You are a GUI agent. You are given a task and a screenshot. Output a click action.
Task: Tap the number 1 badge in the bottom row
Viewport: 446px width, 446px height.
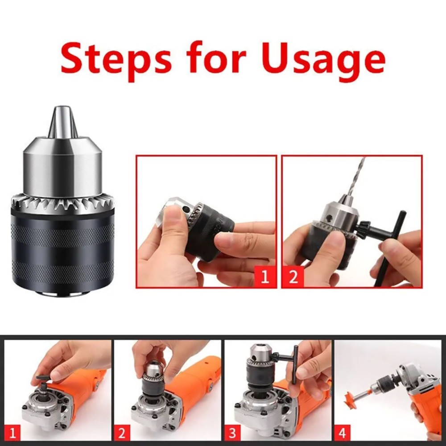(15, 431)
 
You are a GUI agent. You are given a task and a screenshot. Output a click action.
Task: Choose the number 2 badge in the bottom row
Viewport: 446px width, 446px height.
(122, 431)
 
